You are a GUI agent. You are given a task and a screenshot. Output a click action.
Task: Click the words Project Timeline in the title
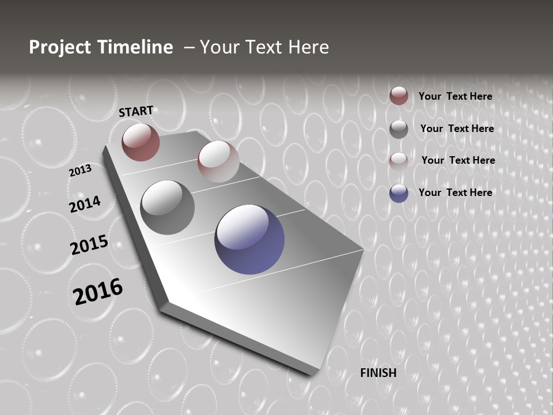(101, 47)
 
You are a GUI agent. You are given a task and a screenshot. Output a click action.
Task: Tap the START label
(136, 111)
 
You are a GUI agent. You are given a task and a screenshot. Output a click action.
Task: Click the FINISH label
(378, 373)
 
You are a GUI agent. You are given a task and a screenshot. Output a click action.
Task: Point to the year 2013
(80, 171)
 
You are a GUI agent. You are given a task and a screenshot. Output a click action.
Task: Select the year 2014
(85, 205)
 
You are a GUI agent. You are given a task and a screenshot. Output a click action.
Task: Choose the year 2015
(89, 245)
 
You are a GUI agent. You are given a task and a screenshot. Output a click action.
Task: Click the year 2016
(98, 292)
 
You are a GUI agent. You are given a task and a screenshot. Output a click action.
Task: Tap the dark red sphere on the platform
(141, 142)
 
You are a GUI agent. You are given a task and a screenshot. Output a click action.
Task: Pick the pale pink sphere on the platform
(218, 161)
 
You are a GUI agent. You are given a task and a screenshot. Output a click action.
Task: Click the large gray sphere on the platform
(168, 207)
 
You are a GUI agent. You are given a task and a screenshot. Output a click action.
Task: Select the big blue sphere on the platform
(249, 239)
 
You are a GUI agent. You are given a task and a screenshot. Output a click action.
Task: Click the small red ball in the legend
(399, 96)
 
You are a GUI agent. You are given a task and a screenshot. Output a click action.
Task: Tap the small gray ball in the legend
(399, 129)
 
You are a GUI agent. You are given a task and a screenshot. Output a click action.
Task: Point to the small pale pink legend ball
(399, 161)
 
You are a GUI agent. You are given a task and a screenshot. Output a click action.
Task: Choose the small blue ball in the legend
(399, 193)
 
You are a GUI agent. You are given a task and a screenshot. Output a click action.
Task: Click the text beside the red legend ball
(455, 96)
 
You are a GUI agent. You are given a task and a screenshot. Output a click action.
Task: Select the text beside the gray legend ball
(457, 129)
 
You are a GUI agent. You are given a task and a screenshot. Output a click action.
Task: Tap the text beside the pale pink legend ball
(458, 160)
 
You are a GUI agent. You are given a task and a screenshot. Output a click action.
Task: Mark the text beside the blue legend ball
(455, 193)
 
